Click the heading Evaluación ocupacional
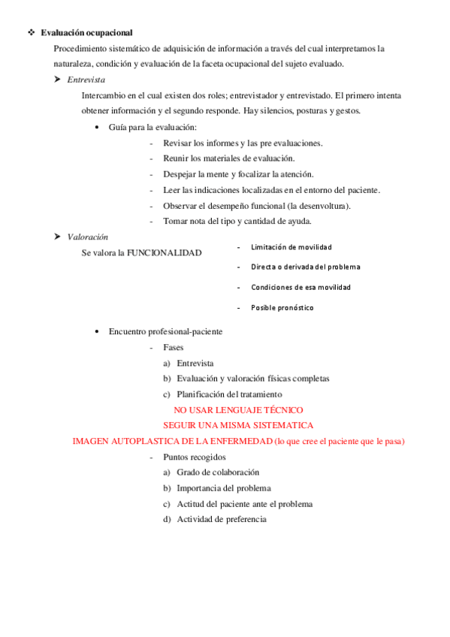point(86,33)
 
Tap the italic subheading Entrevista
point(86,79)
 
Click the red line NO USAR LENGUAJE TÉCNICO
point(238,410)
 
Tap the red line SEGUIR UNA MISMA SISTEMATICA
point(238,425)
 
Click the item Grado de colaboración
point(217,472)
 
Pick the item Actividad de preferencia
point(221,519)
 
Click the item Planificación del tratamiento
point(228,394)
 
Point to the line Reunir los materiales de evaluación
point(228,158)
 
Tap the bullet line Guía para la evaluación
point(153,127)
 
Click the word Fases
point(173,347)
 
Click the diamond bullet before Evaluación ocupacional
point(30,33)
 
